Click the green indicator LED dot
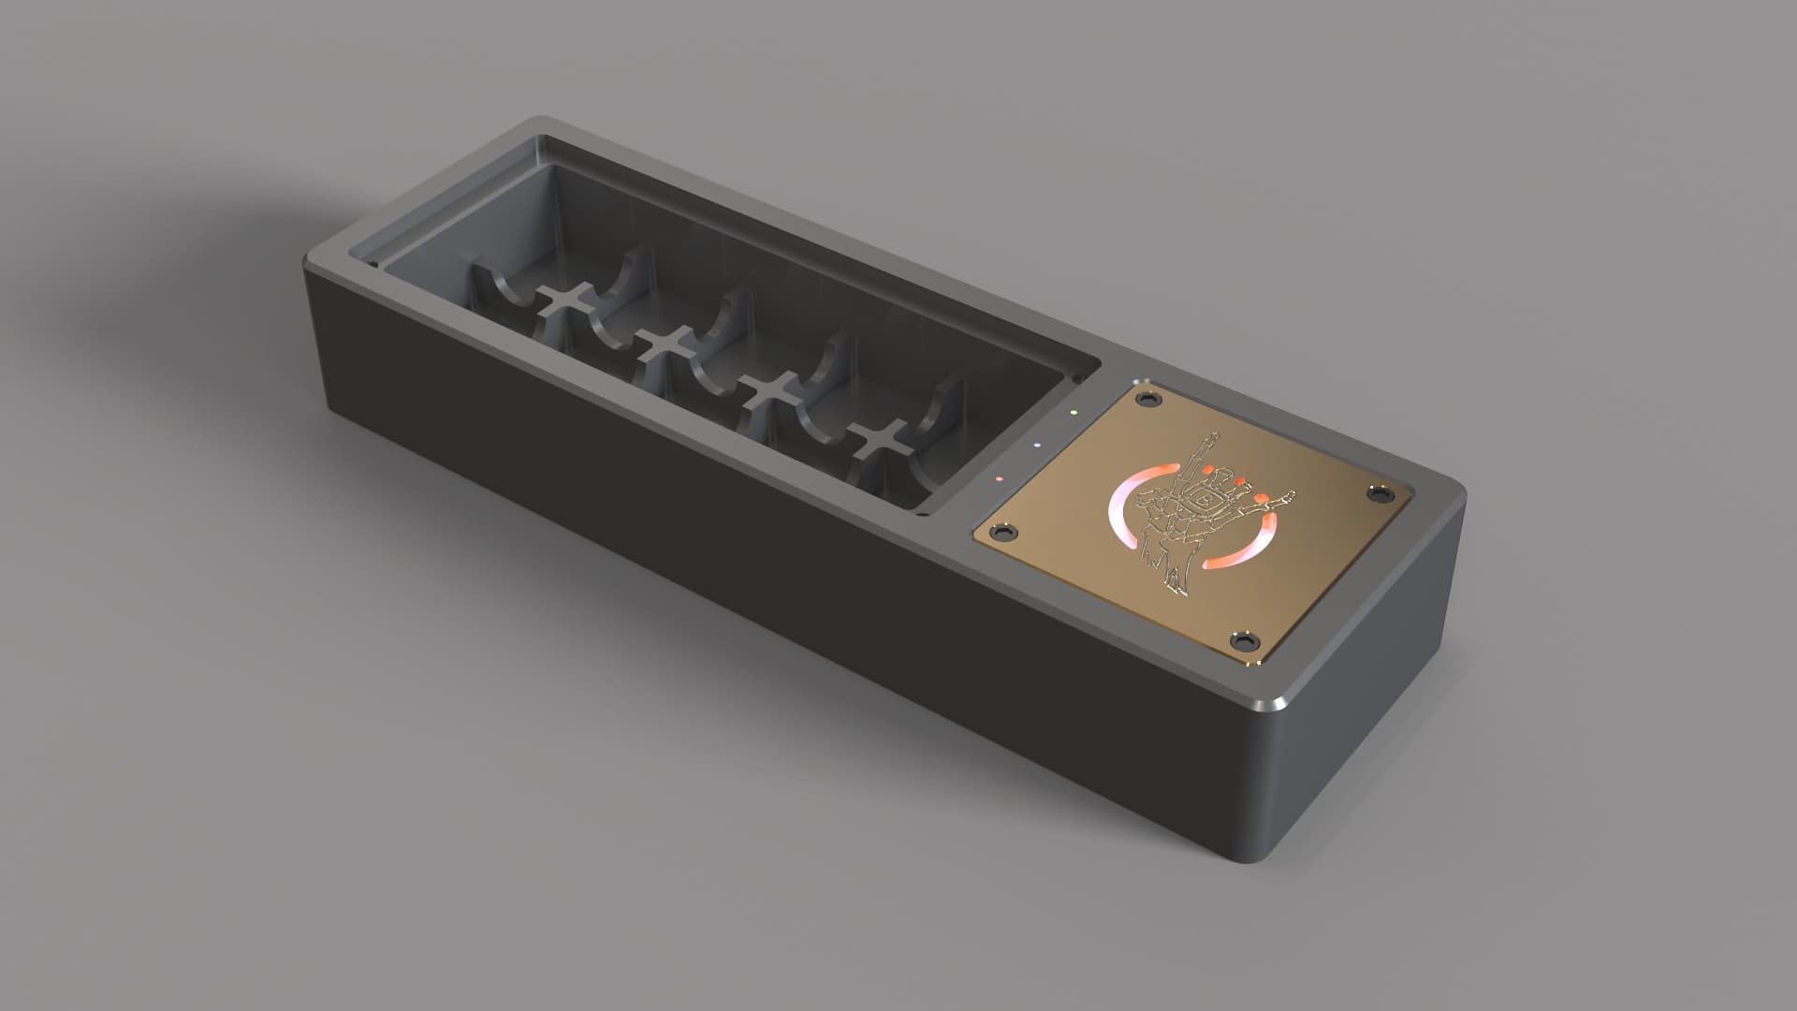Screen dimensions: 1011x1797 point(1074,411)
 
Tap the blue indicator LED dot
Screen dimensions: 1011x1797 point(1036,445)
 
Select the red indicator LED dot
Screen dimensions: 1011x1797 point(1000,477)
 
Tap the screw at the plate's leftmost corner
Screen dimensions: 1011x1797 point(1004,532)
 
